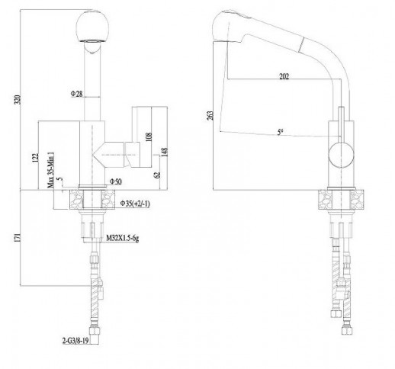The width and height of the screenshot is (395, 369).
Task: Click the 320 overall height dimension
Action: (18, 100)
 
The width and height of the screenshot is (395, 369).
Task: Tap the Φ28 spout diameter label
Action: (76, 94)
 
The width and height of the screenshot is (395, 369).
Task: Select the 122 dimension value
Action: (35, 158)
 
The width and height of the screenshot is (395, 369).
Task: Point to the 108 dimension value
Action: (149, 136)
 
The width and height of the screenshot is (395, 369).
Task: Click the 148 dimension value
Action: (165, 152)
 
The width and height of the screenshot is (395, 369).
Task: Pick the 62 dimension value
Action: (157, 175)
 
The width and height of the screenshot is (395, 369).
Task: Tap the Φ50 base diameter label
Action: (116, 181)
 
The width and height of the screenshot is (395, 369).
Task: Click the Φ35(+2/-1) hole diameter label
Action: (135, 204)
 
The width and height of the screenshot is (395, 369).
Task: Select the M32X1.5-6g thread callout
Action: (122, 238)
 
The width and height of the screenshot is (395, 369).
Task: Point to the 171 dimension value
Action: (18, 237)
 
